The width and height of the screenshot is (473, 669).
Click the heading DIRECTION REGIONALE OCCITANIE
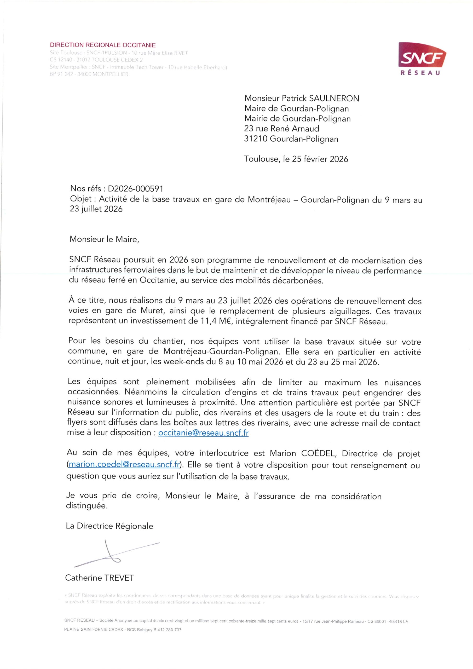(x=103, y=45)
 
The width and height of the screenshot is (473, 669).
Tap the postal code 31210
(x=256, y=139)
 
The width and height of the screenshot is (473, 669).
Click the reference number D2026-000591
(x=135, y=189)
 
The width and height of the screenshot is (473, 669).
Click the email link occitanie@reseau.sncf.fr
(x=203, y=433)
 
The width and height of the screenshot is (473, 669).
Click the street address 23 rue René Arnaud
(x=281, y=129)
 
